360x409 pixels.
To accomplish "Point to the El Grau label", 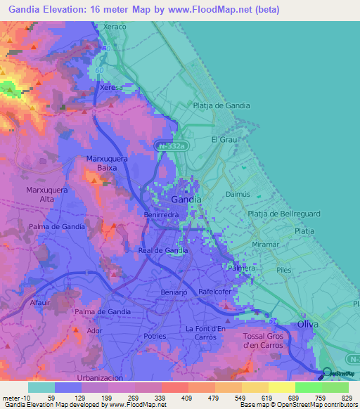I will click(223, 139).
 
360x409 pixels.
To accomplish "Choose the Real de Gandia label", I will click(162, 250).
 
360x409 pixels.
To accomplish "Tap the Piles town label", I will click(283, 269).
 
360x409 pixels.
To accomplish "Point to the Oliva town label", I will click(308, 323).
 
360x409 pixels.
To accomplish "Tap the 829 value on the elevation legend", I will click(345, 397).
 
